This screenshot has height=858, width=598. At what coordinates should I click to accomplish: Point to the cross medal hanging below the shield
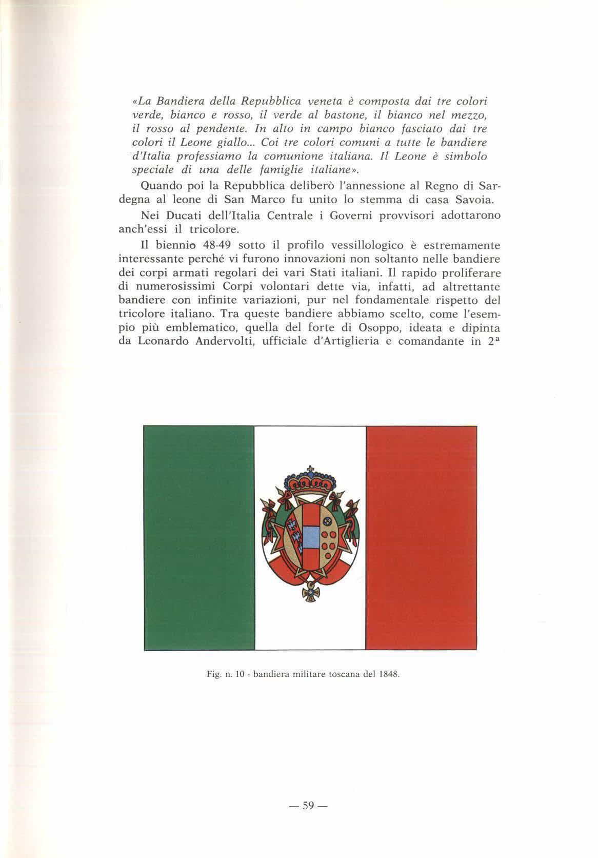pos(310,593)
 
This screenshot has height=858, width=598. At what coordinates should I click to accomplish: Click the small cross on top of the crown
pos(310,468)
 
